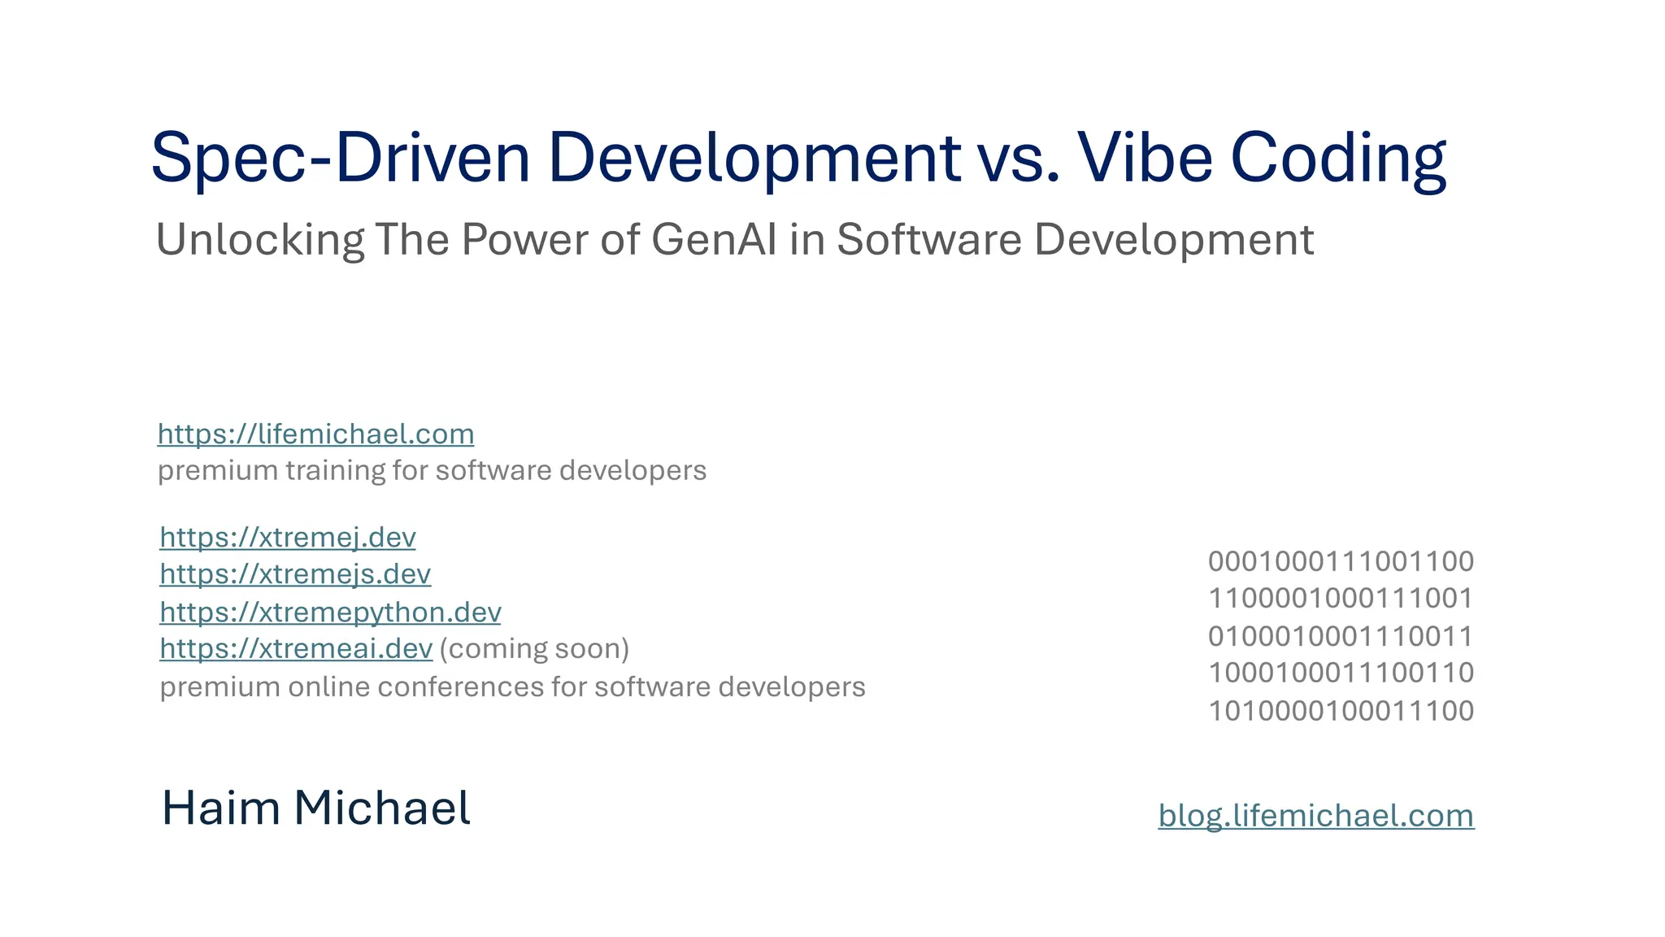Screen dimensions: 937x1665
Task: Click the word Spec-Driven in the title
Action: tap(340, 158)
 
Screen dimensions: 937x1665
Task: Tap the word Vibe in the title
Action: tap(1145, 158)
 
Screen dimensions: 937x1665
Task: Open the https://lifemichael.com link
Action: tap(315, 434)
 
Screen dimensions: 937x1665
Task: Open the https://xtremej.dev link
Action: tap(288, 538)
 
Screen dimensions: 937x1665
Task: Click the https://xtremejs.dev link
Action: tap(295, 574)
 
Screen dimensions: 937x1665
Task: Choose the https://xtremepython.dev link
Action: tap(330, 612)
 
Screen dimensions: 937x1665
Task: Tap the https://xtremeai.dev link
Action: tap(296, 649)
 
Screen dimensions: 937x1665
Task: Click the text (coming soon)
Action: tap(534, 649)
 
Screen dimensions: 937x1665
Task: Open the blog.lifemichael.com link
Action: tap(1315, 816)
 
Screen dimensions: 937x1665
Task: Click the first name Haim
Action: tap(220, 808)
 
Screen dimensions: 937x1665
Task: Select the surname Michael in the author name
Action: tap(381, 808)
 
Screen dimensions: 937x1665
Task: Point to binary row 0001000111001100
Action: tap(1341, 561)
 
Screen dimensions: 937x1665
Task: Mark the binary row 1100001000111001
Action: tap(1341, 599)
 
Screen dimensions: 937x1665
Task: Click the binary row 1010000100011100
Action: tap(1341, 711)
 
